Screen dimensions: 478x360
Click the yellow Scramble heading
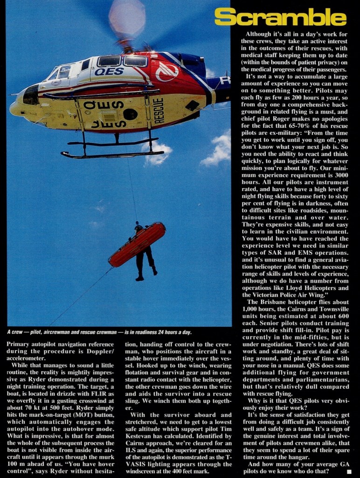tap(280, 17)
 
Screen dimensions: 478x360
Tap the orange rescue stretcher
tap(137, 244)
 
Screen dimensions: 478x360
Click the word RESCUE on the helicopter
tap(159, 111)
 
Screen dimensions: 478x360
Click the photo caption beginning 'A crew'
tap(99, 332)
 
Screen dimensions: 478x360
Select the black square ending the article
tap(356, 472)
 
